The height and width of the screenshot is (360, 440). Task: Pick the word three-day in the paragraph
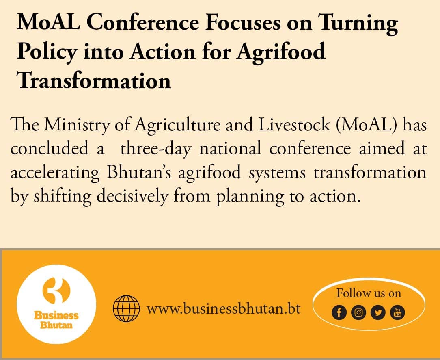click(156, 149)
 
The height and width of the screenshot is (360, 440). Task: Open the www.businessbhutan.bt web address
click(223, 308)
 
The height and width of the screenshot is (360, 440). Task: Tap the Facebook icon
click(339, 312)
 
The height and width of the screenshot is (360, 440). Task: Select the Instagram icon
click(358, 312)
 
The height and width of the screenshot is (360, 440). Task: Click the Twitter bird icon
click(378, 312)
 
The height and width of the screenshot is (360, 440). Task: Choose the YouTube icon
click(397, 312)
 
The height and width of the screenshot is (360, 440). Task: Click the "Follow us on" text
click(369, 293)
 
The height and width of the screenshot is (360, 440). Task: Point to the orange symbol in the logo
click(56, 291)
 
